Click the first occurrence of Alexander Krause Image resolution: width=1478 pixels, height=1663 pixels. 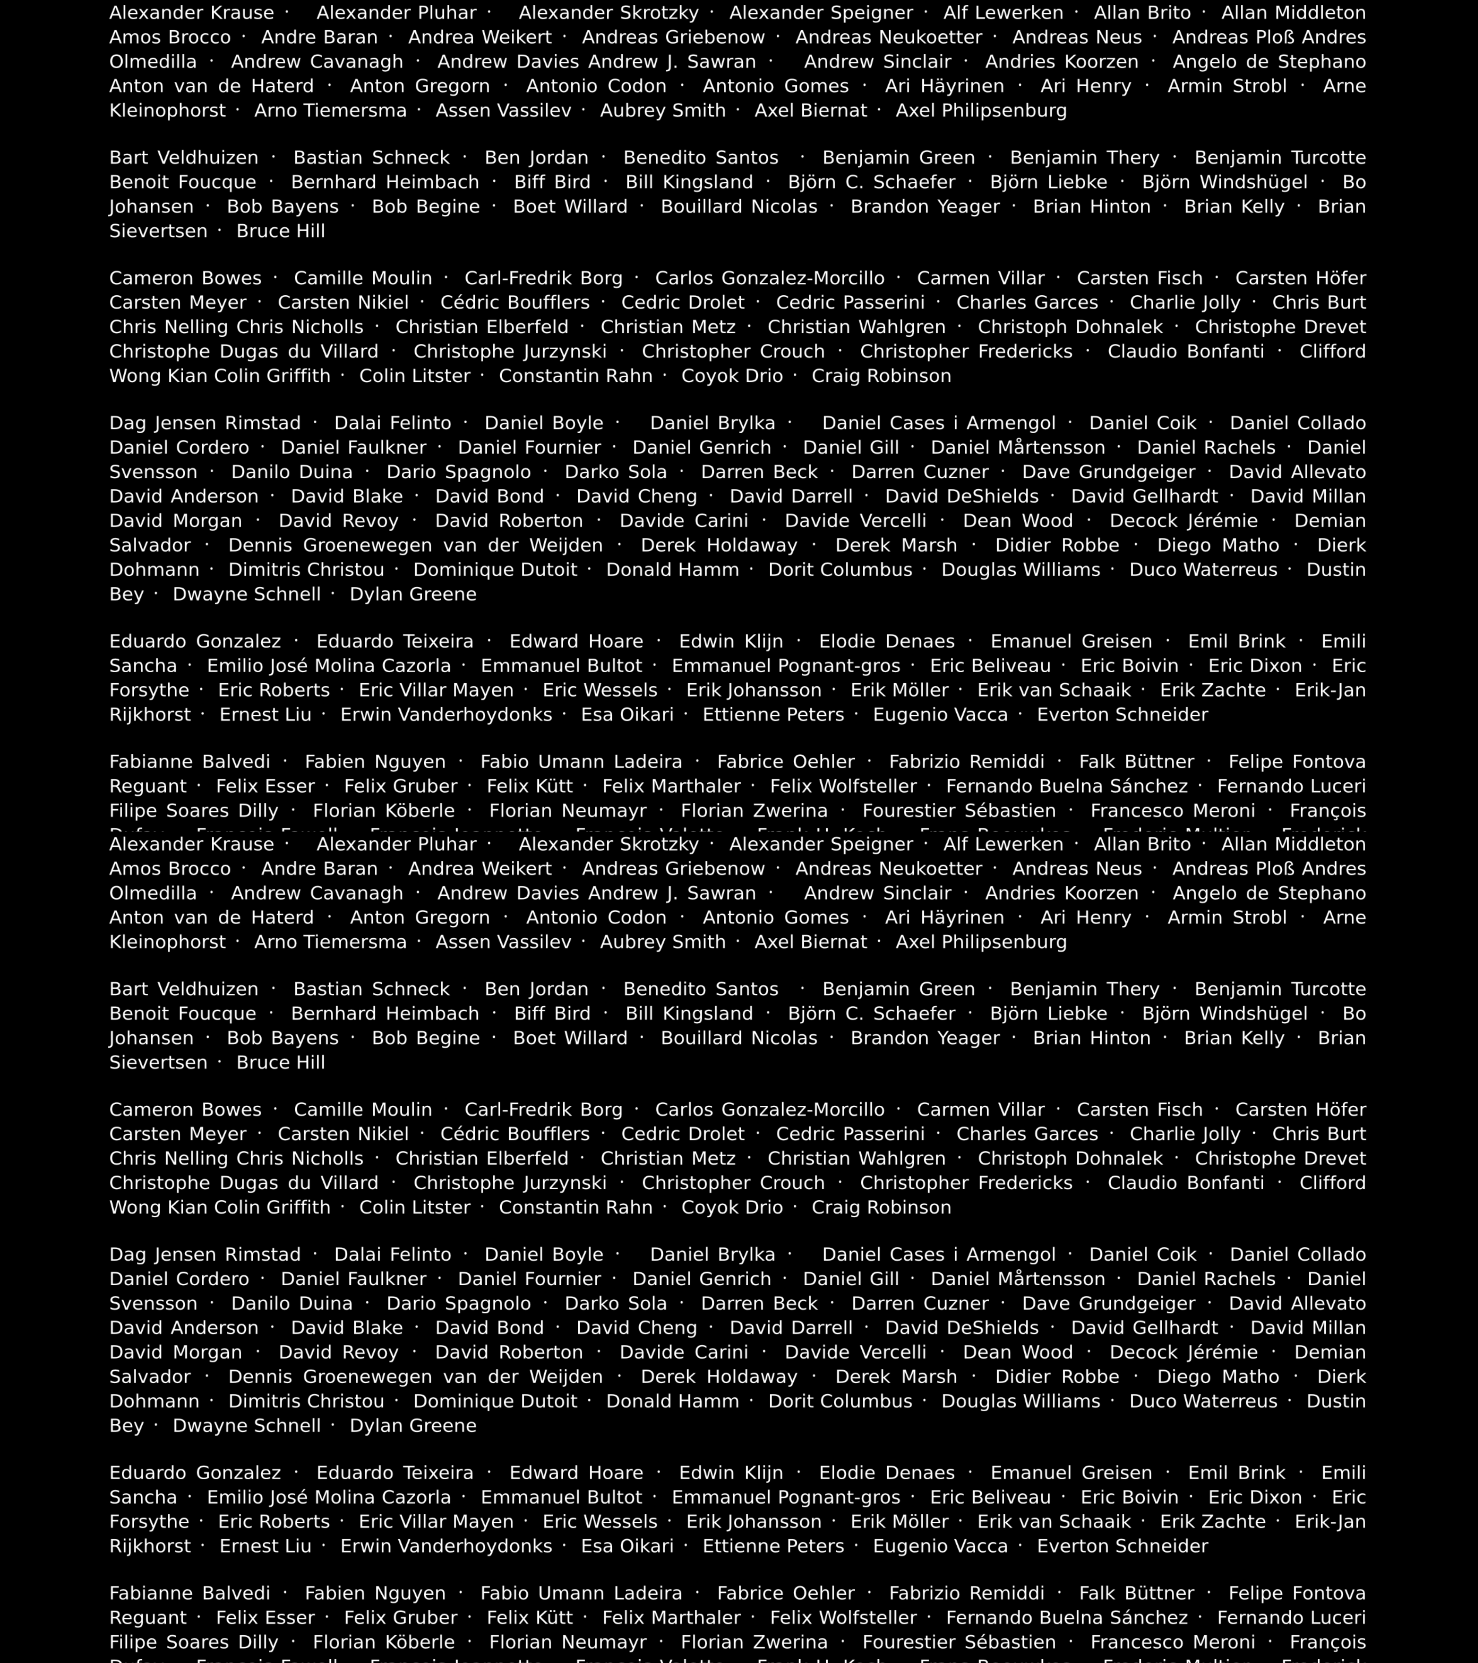click(191, 13)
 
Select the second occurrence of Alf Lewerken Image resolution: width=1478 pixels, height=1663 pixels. click(1003, 844)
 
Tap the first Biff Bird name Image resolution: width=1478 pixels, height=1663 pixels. click(552, 182)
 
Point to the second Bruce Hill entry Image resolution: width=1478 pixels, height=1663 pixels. click(280, 1062)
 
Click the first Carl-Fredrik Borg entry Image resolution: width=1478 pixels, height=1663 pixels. click(544, 278)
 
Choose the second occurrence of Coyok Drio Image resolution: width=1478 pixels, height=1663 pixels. click(732, 1207)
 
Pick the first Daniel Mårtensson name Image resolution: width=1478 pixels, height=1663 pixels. click(1018, 448)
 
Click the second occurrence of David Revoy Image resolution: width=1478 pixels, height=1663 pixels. click(338, 1352)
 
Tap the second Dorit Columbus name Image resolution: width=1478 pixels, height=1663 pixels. click(840, 1401)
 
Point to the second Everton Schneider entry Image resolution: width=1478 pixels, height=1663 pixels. click(1123, 1546)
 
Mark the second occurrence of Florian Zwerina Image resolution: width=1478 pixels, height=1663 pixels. click(754, 1642)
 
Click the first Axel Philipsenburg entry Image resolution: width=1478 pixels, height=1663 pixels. click(981, 110)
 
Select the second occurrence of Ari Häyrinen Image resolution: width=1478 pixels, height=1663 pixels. click(944, 918)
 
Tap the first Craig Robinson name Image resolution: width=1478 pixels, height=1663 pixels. click(881, 376)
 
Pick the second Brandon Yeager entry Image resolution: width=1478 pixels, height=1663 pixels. click(925, 1038)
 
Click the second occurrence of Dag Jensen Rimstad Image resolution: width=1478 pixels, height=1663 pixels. click(205, 1255)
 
